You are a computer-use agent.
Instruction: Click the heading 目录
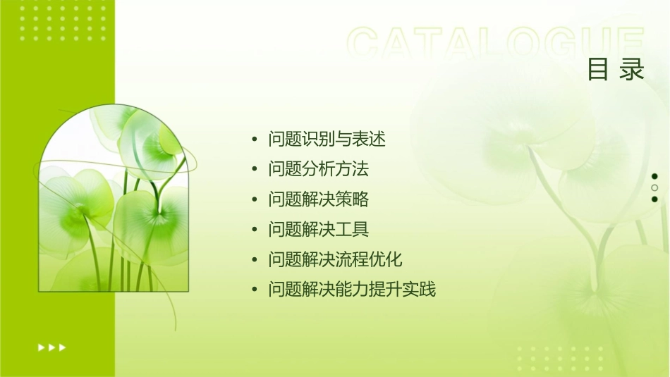tap(616, 70)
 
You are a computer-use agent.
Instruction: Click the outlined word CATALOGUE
tap(496, 44)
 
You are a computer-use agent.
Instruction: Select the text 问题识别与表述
tap(327, 139)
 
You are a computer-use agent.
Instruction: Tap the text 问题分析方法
tap(319, 169)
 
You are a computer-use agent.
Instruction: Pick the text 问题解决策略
tap(319, 199)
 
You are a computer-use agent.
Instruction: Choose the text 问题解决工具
tap(319, 229)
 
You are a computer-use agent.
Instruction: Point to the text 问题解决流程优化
tap(336, 259)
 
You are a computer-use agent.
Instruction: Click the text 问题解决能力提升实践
tap(353, 290)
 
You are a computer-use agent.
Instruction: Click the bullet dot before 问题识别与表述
tap(255, 140)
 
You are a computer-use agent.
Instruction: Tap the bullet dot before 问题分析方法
tap(255, 170)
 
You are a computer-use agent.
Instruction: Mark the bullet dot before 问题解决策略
tap(255, 200)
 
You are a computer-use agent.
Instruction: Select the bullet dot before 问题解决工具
tap(255, 230)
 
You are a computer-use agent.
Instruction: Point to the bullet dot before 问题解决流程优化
tap(255, 260)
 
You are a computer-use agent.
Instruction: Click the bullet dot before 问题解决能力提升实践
tap(255, 290)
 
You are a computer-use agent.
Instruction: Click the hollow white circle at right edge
tap(654, 188)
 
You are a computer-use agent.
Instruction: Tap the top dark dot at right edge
tap(654, 176)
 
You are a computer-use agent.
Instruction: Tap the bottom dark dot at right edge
tap(654, 199)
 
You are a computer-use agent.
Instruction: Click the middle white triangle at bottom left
tap(51, 347)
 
